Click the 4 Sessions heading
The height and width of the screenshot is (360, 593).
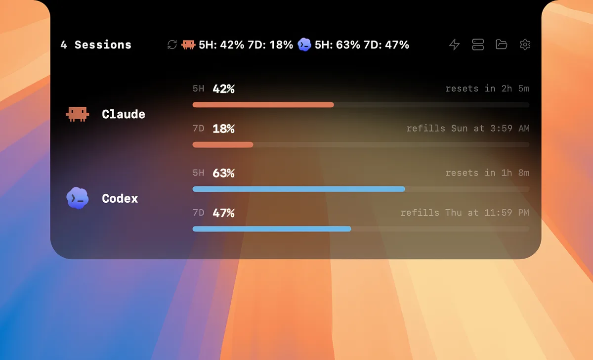click(96, 45)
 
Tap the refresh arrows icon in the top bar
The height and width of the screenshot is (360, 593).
click(172, 45)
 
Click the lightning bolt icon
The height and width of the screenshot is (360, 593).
click(454, 45)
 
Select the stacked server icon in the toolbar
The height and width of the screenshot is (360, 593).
click(478, 45)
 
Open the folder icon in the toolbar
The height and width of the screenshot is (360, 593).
click(501, 45)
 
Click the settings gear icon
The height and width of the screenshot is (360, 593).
click(525, 45)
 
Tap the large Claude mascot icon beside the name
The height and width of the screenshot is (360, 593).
click(77, 114)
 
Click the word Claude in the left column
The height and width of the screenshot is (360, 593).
click(124, 114)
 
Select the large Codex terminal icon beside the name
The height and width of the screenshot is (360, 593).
click(77, 198)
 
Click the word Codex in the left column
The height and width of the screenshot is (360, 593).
click(120, 199)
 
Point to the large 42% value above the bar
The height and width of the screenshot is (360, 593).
click(223, 89)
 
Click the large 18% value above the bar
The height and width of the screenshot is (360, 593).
click(223, 129)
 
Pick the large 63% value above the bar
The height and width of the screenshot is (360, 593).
click(223, 173)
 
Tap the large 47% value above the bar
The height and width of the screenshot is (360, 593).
click(223, 213)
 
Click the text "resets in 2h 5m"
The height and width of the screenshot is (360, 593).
click(487, 89)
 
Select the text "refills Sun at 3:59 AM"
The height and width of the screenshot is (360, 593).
click(468, 129)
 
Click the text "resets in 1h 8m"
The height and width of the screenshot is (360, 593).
click(487, 173)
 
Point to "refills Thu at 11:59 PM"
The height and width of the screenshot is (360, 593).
click(465, 213)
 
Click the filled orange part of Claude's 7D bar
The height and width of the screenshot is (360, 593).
click(223, 144)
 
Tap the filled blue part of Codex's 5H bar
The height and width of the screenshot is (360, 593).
click(298, 189)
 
